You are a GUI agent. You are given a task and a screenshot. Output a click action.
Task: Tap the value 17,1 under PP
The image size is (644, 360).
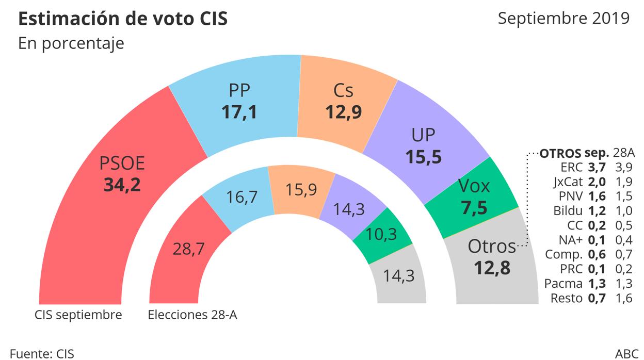(x=239, y=112)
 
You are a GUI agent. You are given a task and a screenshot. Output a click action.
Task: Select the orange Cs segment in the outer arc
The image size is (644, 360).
(x=343, y=103)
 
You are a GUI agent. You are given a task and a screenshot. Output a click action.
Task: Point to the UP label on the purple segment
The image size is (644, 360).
(x=423, y=136)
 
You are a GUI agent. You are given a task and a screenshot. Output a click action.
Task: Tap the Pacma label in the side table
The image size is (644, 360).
(x=564, y=283)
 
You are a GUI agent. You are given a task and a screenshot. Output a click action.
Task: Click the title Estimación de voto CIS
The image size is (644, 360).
(x=123, y=19)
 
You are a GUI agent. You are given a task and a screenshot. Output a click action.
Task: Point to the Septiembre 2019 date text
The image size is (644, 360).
(x=564, y=18)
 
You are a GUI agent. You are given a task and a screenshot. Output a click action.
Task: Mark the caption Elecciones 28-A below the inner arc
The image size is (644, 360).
(x=192, y=315)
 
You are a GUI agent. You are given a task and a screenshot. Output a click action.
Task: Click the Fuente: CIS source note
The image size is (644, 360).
(x=42, y=354)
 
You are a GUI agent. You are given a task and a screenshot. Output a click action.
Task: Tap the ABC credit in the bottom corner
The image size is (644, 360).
(x=626, y=354)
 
